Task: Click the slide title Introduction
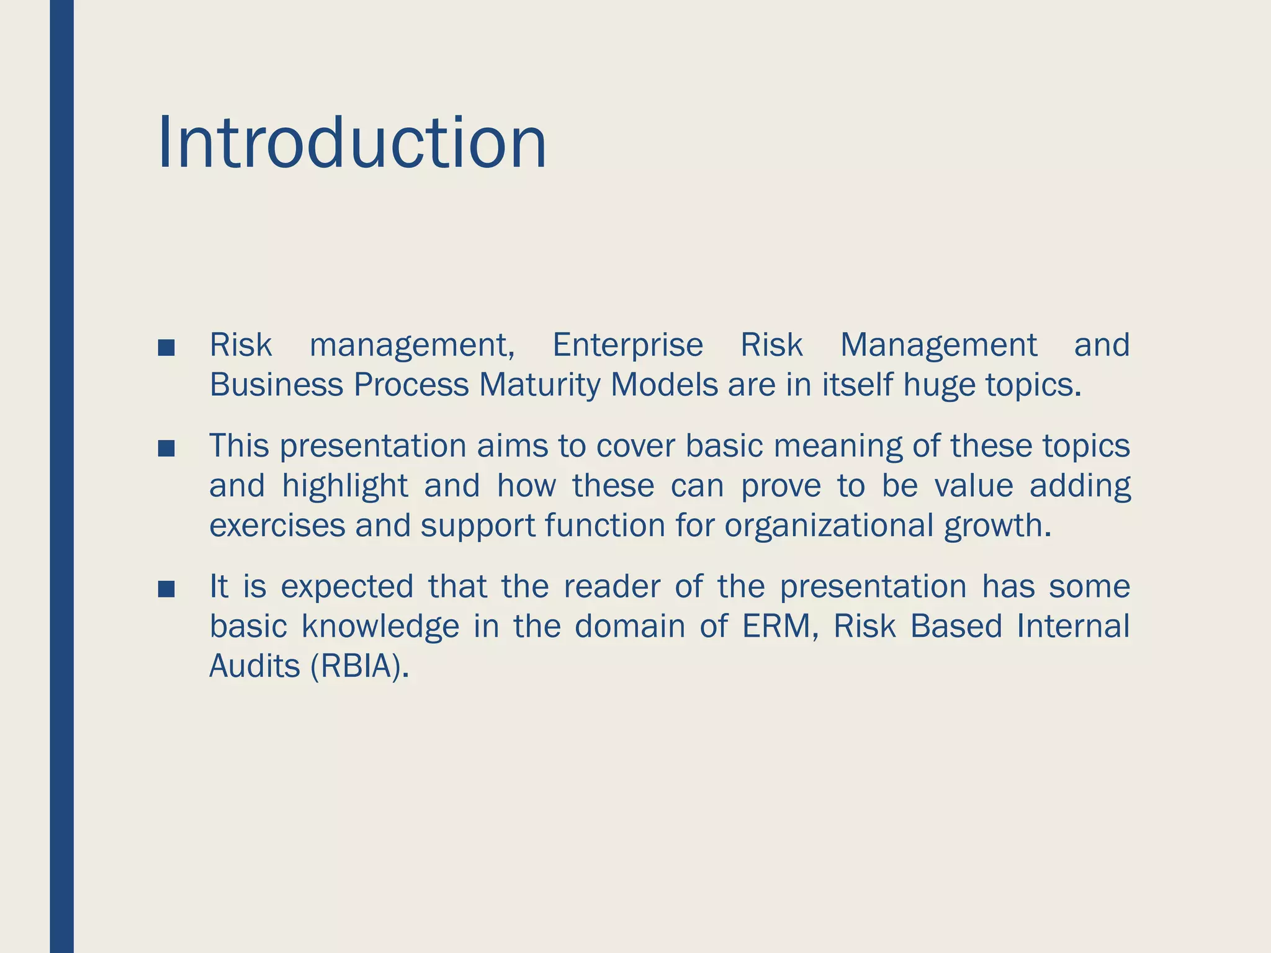(352, 143)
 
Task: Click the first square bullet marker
(166, 348)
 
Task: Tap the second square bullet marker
(166, 449)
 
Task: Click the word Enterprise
(627, 345)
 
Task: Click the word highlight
(345, 485)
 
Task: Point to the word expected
(347, 586)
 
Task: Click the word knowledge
(380, 626)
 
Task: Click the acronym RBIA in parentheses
(359, 666)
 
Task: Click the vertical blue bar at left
(61, 476)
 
